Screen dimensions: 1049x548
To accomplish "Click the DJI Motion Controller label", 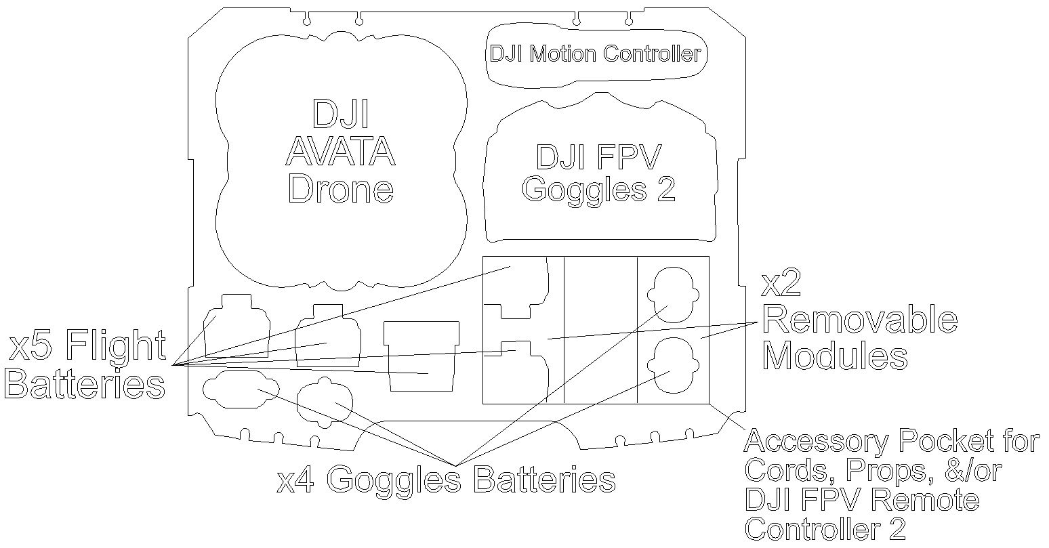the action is pyautogui.click(x=595, y=54).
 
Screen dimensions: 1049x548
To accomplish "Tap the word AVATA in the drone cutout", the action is pyautogui.click(x=340, y=152).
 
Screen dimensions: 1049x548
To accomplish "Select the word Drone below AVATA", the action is pyautogui.click(x=340, y=189).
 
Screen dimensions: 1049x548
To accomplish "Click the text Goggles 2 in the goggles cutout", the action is pyautogui.click(x=598, y=190).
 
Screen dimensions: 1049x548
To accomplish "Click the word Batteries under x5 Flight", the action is pyautogui.click(x=85, y=384).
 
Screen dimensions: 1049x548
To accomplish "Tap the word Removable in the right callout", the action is pyautogui.click(x=860, y=320).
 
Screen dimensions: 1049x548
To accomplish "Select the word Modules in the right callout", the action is pyautogui.click(x=835, y=356).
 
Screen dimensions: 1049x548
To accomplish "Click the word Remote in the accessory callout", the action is pyautogui.click(x=924, y=500).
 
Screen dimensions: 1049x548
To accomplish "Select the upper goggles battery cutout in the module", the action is pyautogui.click(x=674, y=295).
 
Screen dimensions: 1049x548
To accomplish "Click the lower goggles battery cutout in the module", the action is pyautogui.click(x=674, y=365).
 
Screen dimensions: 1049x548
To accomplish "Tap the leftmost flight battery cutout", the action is pyautogui.click(x=237, y=326).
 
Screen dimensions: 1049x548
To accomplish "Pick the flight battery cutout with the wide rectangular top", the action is pyautogui.click(x=421, y=356).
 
